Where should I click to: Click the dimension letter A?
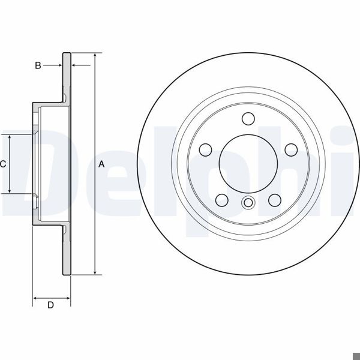coord(101,164)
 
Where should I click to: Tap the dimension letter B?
coord(38,65)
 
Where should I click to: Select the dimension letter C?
coord(3,164)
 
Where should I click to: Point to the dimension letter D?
coord(51,305)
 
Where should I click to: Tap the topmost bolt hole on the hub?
coord(247,118)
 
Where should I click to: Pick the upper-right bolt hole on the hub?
coord(289,148)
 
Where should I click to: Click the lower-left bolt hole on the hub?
coord(221,199)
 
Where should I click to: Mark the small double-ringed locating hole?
coord(247,203)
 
